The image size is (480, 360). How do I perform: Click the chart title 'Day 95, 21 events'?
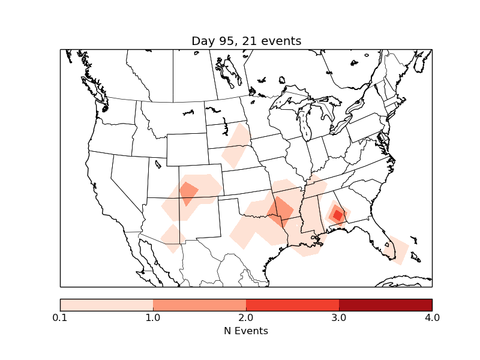click(246, 41)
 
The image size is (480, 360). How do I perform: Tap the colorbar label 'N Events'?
click(246, 331)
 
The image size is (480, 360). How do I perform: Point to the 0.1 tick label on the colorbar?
click(60, 317)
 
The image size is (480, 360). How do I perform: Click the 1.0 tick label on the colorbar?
click(153, 317)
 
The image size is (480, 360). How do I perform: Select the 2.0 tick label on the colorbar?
click(246, 317)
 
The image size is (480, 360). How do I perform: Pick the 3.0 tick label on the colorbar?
click(339, 317)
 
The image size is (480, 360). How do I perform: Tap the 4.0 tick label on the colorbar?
click(432, 317)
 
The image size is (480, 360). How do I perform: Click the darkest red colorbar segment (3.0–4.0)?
click(385, 304)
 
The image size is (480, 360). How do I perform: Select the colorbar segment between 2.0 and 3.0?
click(292, 304)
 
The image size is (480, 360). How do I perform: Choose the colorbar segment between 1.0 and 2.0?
click(199, 304)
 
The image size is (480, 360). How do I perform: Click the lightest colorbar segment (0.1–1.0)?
click(106, 304)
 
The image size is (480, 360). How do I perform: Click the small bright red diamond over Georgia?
click(338, 215)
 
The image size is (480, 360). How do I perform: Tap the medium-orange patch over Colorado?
click(188, 193)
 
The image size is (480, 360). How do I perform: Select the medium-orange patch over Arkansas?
click(280, 211)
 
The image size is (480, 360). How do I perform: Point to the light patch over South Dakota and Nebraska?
click(236, 145)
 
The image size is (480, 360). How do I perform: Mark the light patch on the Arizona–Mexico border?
click(173, 238)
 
